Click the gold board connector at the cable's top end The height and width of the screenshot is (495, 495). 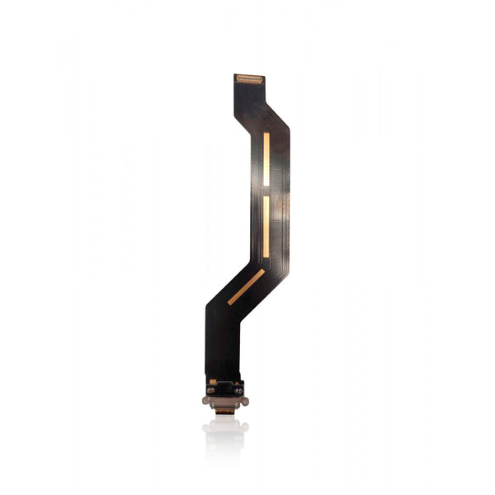[248, 79]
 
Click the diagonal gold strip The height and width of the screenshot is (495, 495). [246, 286]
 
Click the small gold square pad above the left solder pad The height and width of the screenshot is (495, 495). [213, 381]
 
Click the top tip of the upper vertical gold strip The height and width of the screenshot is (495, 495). [266, 132]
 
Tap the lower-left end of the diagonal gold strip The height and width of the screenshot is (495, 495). [229, 302]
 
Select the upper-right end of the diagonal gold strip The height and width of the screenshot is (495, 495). [262, 271]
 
